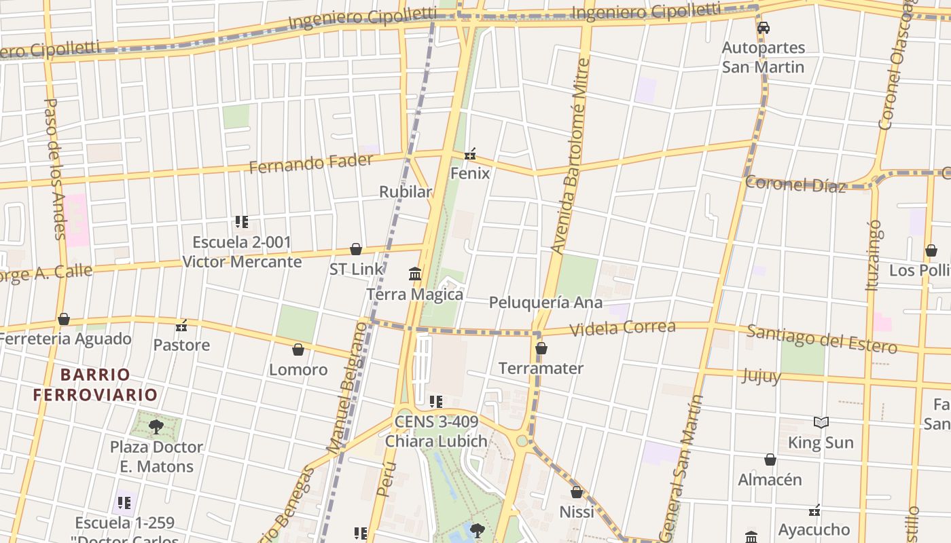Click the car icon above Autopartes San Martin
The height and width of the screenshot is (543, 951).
763,28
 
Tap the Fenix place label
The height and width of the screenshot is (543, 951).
469,173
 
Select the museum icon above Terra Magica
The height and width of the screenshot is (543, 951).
415,274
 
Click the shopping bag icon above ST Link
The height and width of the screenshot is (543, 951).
355,249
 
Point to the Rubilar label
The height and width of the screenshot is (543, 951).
406,192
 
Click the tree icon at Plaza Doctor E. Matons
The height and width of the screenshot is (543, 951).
156,427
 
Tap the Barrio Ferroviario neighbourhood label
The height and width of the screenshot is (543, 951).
95,384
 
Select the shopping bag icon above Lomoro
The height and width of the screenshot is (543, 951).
298,350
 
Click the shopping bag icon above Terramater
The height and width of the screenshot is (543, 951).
541,348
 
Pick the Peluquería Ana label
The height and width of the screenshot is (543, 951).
545,302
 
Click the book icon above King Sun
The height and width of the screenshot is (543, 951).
821,423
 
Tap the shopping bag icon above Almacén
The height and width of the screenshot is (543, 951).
770,460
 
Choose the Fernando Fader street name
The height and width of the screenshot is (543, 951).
310,163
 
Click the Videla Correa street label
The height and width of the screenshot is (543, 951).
622,328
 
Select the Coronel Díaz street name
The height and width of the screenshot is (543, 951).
795,184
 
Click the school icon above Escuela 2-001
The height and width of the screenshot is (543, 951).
241,222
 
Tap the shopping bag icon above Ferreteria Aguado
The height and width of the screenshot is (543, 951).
64,319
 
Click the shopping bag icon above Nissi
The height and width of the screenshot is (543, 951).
576,492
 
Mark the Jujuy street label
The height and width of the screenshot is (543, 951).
761,375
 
